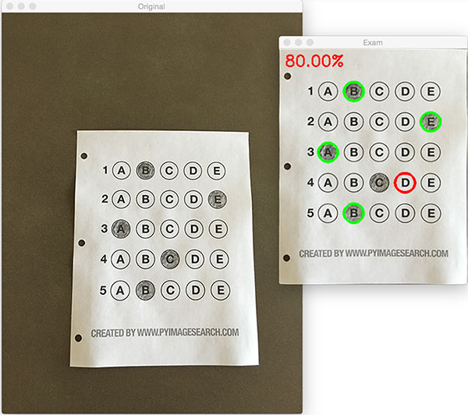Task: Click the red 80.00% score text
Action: click(x=314, y=60)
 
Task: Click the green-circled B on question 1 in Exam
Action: click(x=353, y=91)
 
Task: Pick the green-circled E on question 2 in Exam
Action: click(x=430, y=122)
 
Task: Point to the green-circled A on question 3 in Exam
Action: click(x=328, y=151)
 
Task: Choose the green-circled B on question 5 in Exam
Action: click(x=353, y=211)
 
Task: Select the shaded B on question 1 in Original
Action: click(x=145, y=170)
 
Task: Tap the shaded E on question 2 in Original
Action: click(x=218, y=199)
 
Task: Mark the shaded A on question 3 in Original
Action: click(x=120, y=229)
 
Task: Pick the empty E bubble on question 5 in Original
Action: click(x=219, y=290)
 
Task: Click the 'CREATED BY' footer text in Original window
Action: click(x=165, y=333)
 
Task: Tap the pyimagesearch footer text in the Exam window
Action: click(x=374, y=254)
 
